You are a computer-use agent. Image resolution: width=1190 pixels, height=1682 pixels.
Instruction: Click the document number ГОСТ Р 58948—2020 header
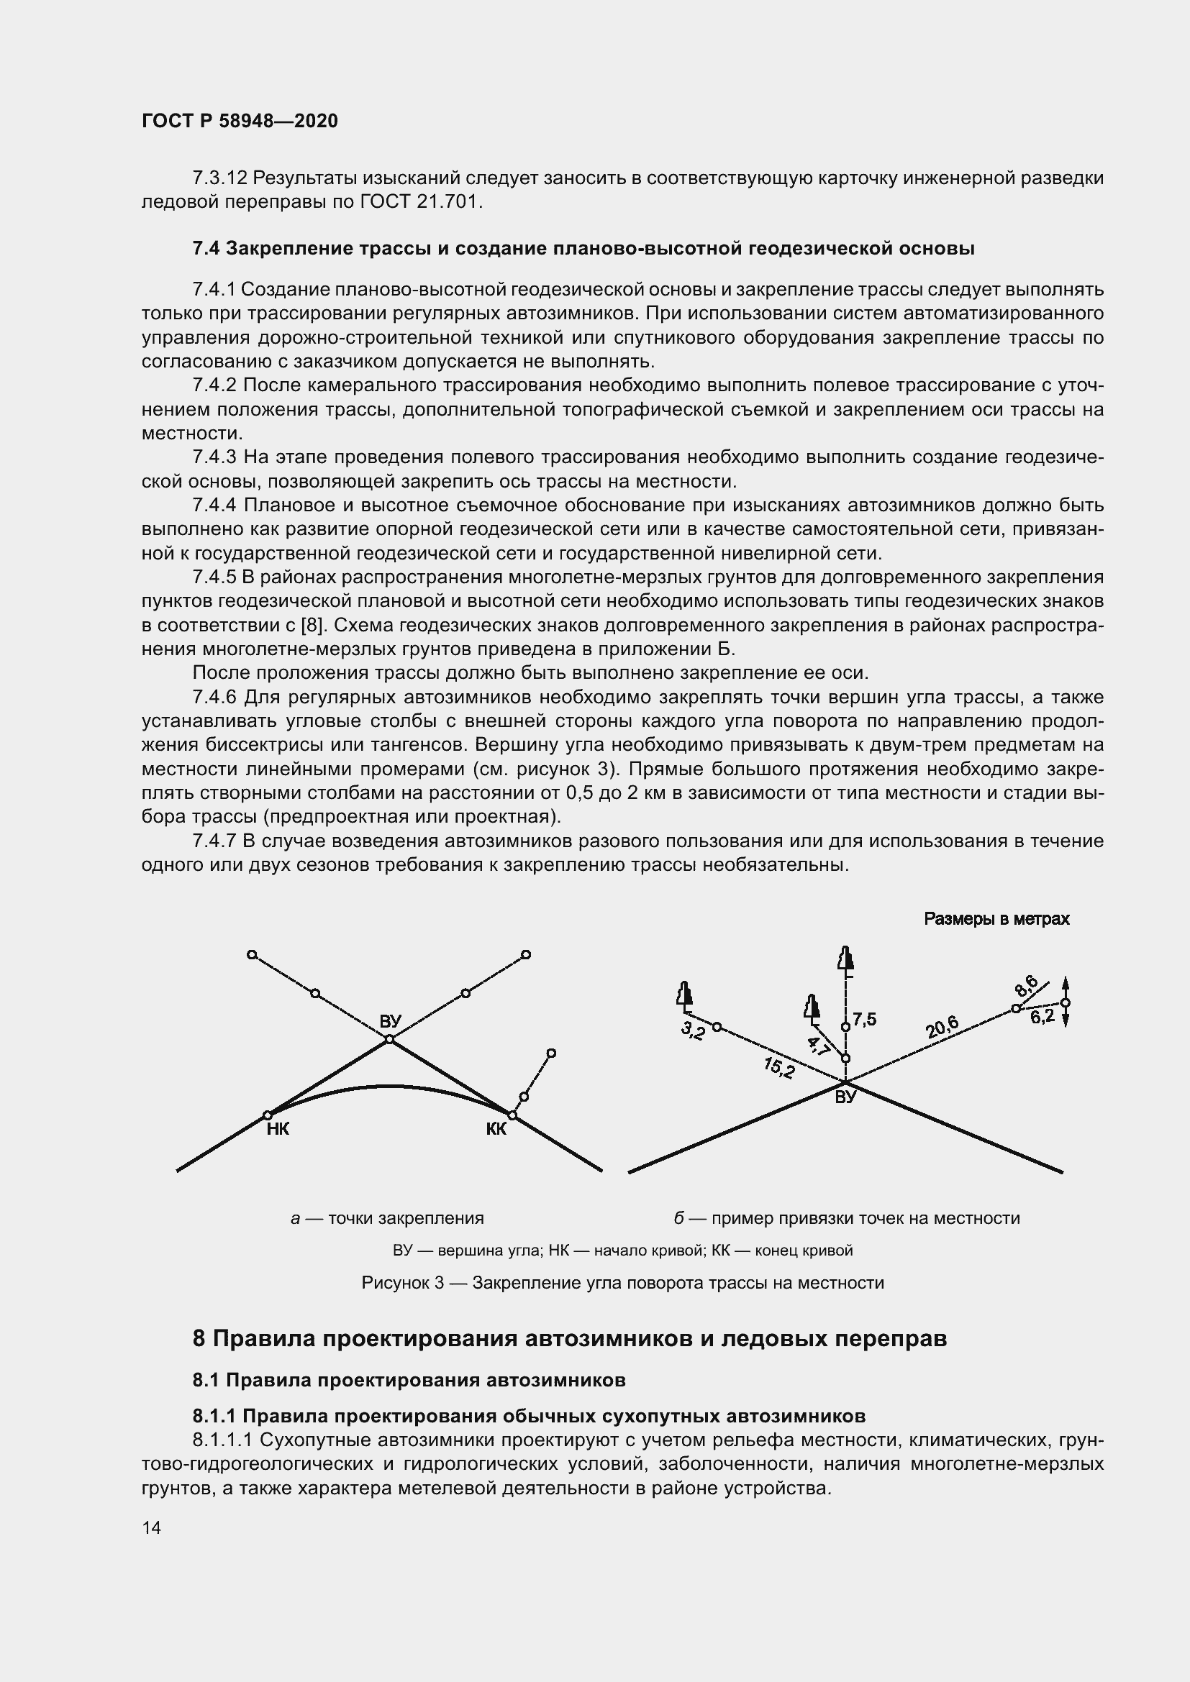pyautogui.click(x=240, y=121)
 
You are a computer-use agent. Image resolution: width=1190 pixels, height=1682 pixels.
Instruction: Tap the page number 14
pyautogui.click(x=152, y=1527)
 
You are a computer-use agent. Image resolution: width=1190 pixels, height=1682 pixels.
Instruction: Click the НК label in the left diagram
pyautogui.click(x=278, y=1129)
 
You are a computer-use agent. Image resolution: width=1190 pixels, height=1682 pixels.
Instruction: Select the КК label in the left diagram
pyautogui.click(x=496, y=1129)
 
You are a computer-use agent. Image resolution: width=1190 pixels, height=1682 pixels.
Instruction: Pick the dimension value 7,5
pyautogui.click(x=865, y=1020)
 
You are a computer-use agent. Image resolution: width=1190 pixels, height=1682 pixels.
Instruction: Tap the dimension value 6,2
pyautogui.click(x=1042, y=1017)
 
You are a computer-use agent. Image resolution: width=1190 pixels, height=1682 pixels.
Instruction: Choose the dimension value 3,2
pyautogui.click(x=692, y=1030)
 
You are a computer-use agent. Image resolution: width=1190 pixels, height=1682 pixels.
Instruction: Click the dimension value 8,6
pyautogui.click(x=1026, y=985)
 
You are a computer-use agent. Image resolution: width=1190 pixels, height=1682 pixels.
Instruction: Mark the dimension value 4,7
pyautogui.click(x=819, y=1046)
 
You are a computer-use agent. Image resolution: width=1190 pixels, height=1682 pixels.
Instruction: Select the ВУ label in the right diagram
pyautogui.click(x=845, y=1097)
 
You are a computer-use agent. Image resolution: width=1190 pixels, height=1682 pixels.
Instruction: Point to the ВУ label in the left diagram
pyautogui.click(x=391, y=1020)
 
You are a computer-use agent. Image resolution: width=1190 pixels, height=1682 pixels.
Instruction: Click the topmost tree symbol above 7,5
pyautogui.click(x=846, y=960)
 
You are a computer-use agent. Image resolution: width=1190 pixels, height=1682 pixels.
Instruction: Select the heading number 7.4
pyautogui.click(x=206, y=249)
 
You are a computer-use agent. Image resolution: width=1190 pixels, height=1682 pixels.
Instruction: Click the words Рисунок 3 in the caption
pyautogui.click(x=403, y=1283)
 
